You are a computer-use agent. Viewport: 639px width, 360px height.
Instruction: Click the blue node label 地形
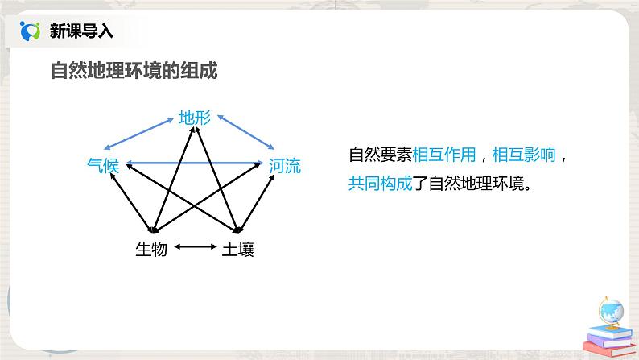195,118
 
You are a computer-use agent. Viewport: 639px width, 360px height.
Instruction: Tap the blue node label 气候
103,166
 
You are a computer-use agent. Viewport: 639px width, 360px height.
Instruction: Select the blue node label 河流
285,167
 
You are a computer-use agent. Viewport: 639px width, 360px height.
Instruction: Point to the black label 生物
151,250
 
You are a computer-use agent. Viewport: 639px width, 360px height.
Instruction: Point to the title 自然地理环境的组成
134,71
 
